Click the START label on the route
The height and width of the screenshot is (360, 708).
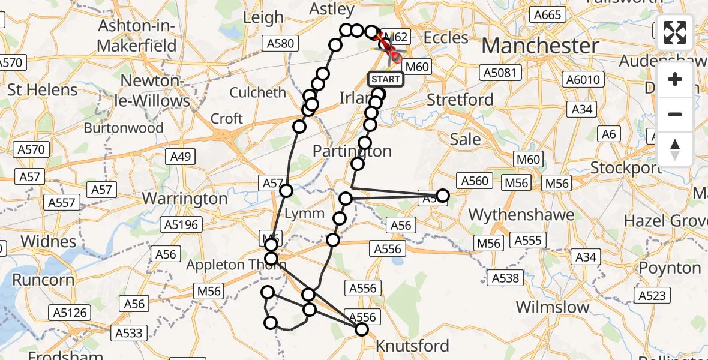tap(385, 79)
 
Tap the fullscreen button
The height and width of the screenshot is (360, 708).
tap(675, 32)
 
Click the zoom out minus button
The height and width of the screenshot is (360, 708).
tap(675, 114)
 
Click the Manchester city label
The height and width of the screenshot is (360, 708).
tap(540, 46)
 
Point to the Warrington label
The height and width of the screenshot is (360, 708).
tap(185, 197)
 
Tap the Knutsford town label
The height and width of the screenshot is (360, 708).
tap(412, 346)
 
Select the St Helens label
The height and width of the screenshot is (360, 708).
tap(43, 90)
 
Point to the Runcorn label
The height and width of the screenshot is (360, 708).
tap(43, 280)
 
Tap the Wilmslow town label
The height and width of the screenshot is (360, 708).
tap(553, 307)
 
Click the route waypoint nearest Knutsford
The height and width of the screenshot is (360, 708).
tap(361, 329)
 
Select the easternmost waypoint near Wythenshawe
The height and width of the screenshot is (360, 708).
tap(443, 195)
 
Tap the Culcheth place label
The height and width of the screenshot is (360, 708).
tap(259, 92)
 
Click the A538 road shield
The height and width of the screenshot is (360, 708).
tap(505, 278)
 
